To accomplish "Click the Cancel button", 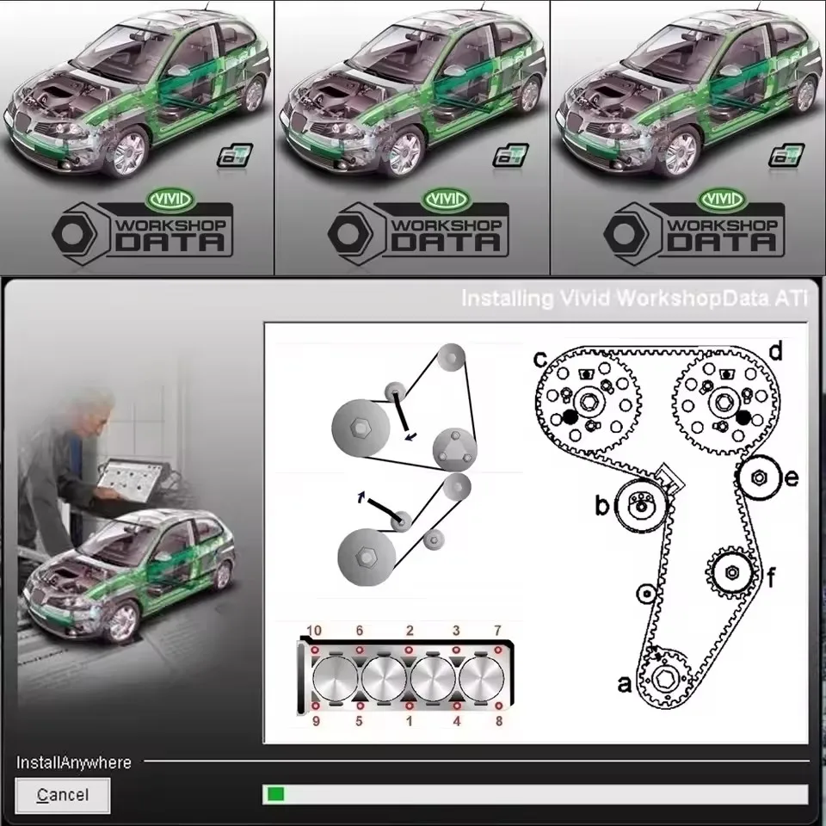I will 63,795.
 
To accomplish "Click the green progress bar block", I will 275,794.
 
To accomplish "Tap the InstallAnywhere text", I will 74,762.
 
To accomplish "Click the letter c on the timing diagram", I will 541,356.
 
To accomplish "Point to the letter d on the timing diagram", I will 774,350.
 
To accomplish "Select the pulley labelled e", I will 760,478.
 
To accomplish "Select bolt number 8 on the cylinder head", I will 497,707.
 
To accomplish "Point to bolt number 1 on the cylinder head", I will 409,707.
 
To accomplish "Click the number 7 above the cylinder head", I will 497,632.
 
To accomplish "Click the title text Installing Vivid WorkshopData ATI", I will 634,299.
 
